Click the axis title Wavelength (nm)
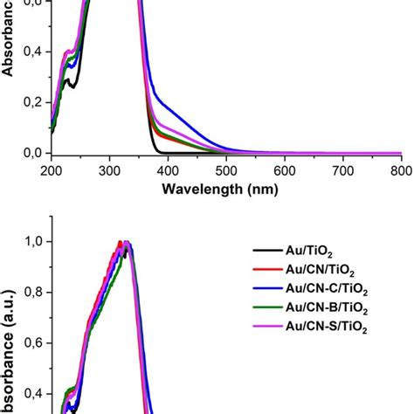tap(225, 187)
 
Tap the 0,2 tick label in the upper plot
tap(31, 102)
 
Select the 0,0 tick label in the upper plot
tap(31, 153)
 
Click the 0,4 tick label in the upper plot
tap(31, 52)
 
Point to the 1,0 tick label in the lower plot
tap(31, 241)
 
